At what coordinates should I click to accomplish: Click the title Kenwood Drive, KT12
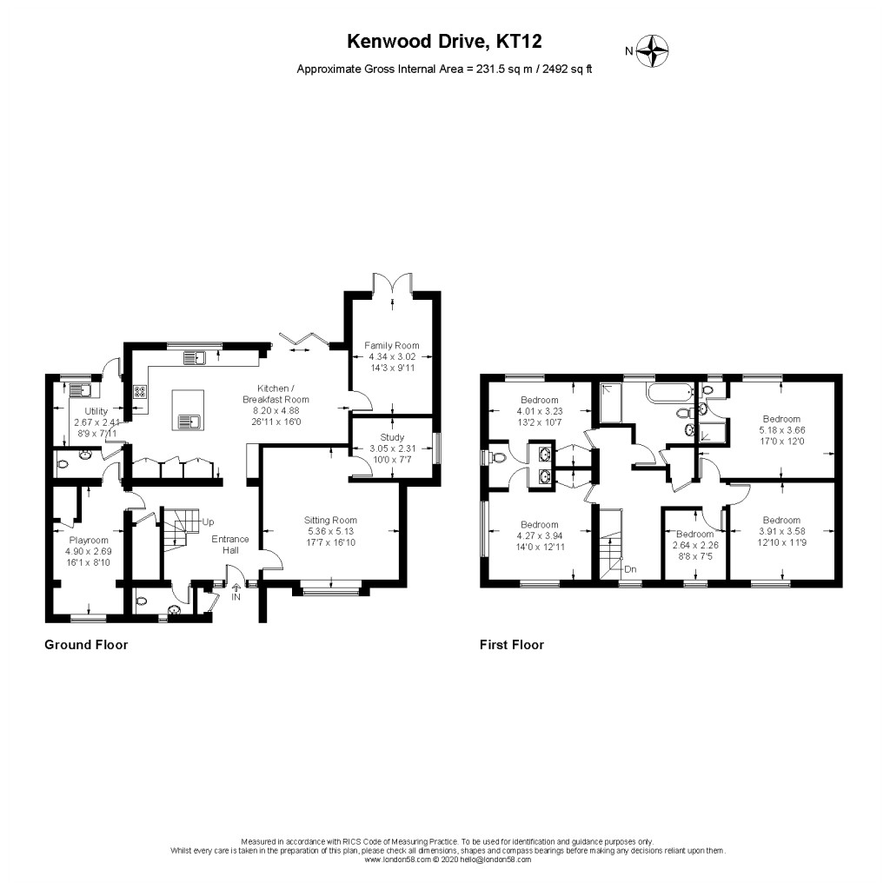click(445, 41)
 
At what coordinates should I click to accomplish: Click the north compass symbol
click(652, 51)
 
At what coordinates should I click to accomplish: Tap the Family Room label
click(392, 345)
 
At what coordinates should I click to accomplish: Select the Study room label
click(392, 437)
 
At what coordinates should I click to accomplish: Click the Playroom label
click(88, 539)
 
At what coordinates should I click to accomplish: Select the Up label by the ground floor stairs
click(208, 521)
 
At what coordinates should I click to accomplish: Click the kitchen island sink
click(189, 422)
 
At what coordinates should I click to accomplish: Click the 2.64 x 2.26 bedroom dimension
click(694, 545)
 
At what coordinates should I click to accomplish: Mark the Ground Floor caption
click(86, 645)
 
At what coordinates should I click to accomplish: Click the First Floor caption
click(512, 645)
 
